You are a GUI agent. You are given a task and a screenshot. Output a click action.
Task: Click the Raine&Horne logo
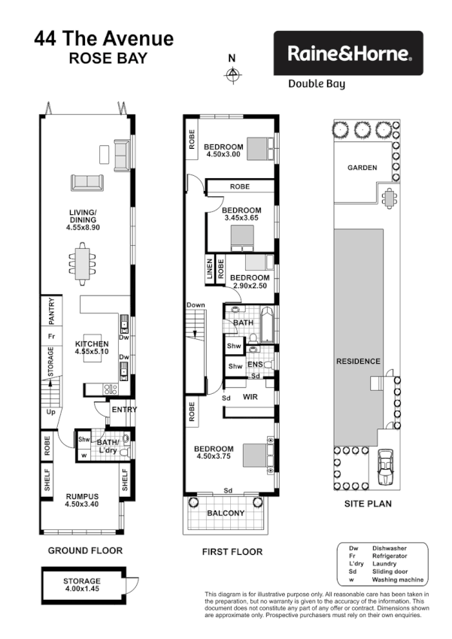point(347,53)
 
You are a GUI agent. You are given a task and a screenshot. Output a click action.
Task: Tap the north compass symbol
point(232,74)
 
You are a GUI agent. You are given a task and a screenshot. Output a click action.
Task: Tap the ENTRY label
point(123,410)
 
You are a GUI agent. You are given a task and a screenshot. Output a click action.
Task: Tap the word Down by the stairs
point(196,304)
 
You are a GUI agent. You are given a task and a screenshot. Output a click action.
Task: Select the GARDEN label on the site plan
point(362,168)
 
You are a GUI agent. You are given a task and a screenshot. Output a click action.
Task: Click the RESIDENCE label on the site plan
point(358,361)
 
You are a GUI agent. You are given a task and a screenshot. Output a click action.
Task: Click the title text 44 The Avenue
point(104,38)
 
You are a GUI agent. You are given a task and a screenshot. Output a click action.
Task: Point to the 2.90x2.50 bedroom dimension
point(250,286)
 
